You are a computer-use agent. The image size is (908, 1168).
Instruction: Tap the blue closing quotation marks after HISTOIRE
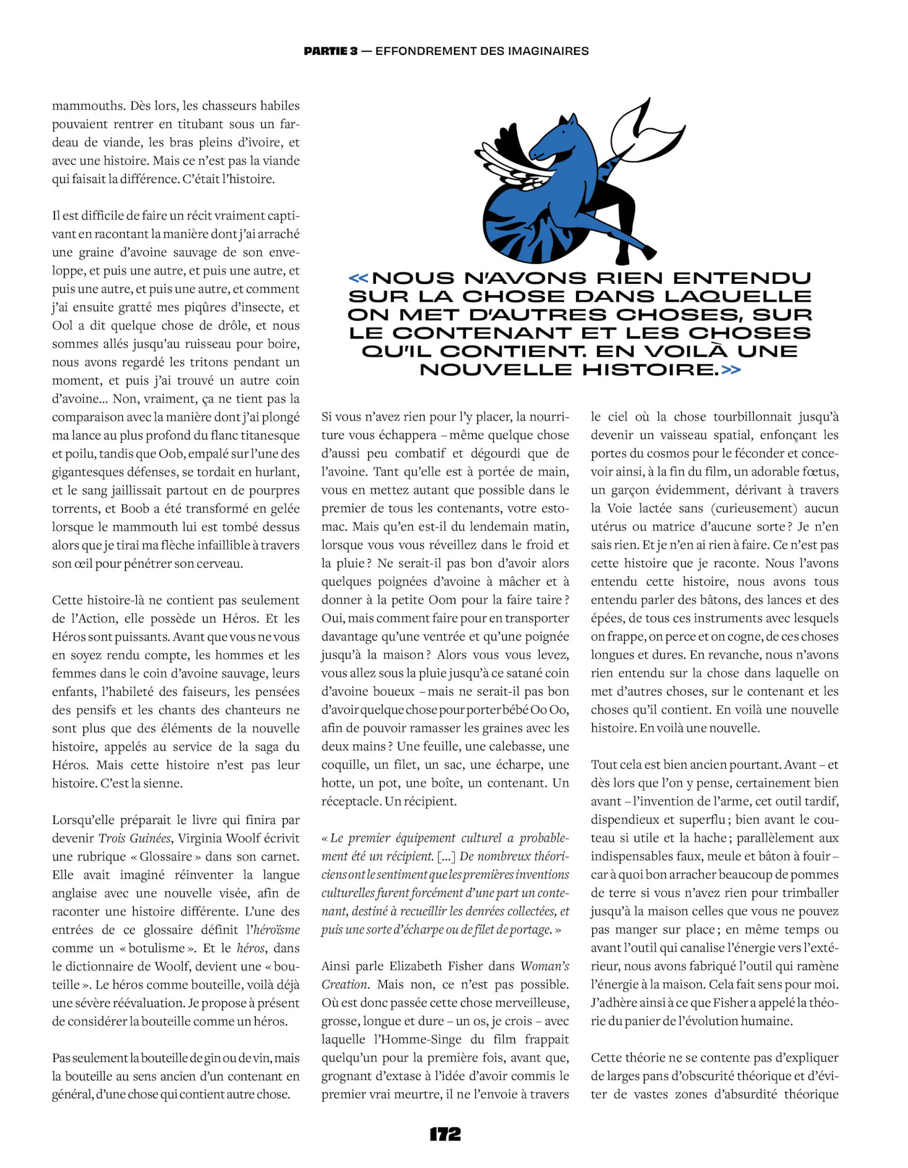click(731, 369)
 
